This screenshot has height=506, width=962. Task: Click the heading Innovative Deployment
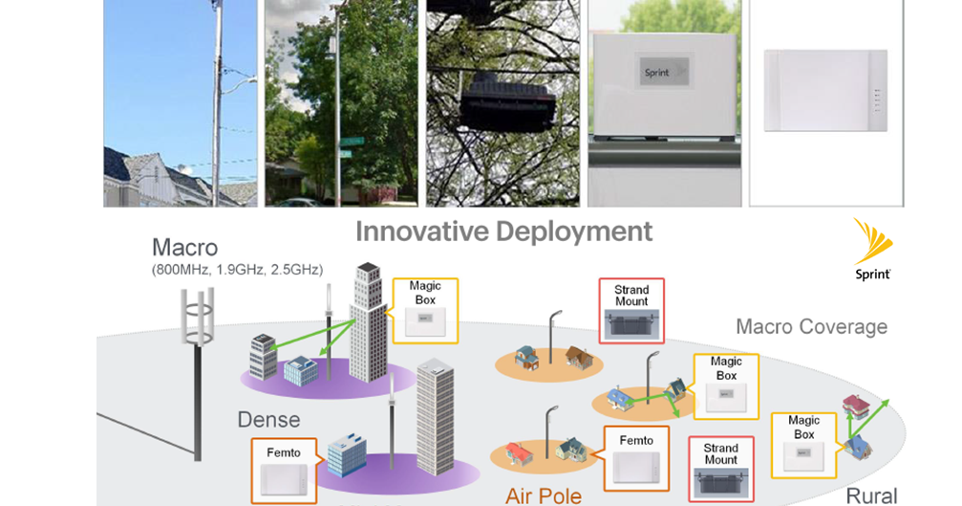pyautogui.click(x=503, y=231)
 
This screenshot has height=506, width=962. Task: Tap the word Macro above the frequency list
pyautogui.click(x=184, y=248)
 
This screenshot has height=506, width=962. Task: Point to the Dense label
pyautogui.click(x=268, y=419)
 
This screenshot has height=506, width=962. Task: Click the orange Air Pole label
pyautogui.click(x=543, y=495)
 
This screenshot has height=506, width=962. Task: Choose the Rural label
pyautogui.click(x=871, y=495)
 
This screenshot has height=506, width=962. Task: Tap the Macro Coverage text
pyautogui.click(x=811, y=327)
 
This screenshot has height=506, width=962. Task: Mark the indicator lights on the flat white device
pyautogui.click(x=874, y=100)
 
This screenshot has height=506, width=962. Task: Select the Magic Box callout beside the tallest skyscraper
pyautogui.click(x=425, y=307)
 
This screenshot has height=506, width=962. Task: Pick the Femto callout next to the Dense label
pyautogui.click(x=283, y=469)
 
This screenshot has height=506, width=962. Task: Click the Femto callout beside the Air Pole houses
pyautogui.click(x=636, y=457)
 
